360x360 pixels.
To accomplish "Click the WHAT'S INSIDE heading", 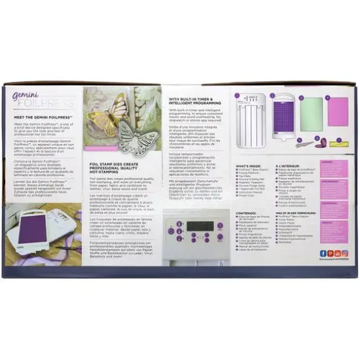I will click(249, 167).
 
